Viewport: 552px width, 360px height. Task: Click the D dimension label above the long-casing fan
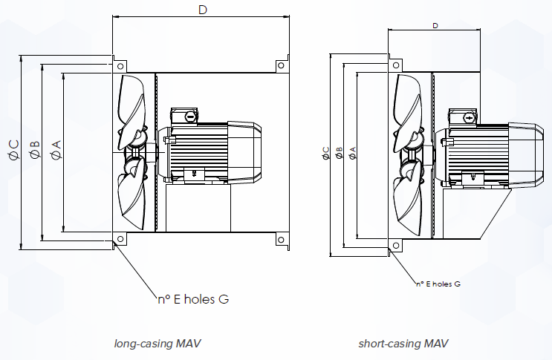[201, 10]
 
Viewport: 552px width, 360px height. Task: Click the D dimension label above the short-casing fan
[435, 25]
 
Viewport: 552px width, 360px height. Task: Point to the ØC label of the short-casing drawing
[325, 153]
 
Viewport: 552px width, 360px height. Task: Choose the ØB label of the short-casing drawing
[339, 153]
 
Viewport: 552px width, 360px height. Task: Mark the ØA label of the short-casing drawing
[352, 153]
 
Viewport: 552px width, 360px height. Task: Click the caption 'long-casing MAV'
[158, 344]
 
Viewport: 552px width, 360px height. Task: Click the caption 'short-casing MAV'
[403, 344]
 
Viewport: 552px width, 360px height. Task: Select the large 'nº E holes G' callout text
[192, 299]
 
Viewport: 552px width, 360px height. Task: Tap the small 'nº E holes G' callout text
[438, 284]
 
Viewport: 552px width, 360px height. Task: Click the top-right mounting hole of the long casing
[281, 65]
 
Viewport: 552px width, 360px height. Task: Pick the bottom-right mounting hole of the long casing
[281, 238]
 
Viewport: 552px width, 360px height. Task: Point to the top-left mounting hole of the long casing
[118, 65]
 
